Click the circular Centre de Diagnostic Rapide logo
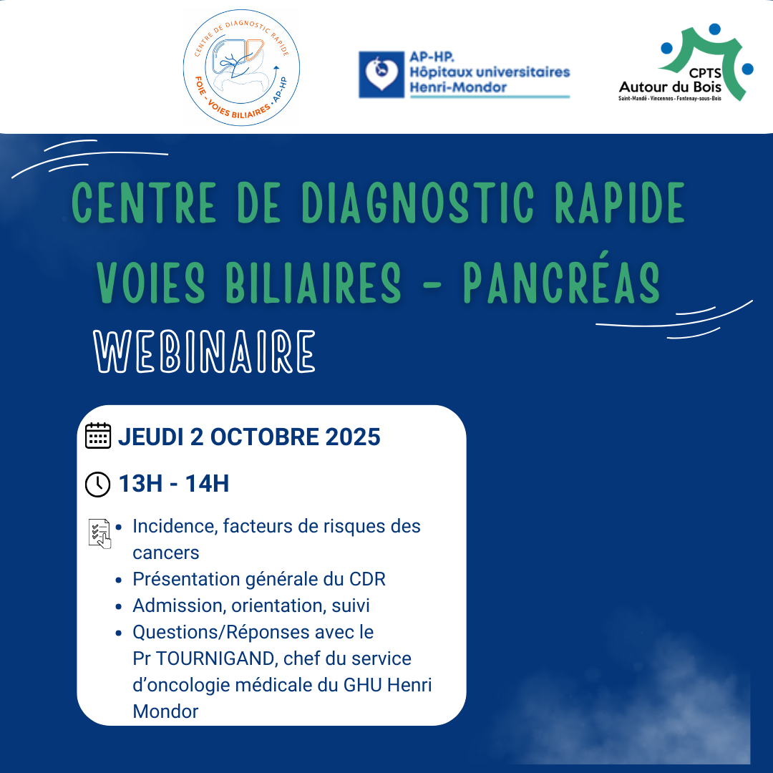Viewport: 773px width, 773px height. [x=241, y=68]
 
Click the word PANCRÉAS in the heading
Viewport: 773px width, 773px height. [x=561, y=282]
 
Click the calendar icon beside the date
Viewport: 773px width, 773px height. [x=97, y=436]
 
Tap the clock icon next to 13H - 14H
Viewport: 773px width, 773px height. [x=97, y=485]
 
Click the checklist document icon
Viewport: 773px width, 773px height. [x=99, y=533]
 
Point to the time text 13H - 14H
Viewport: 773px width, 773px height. [x=174, y=485]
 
